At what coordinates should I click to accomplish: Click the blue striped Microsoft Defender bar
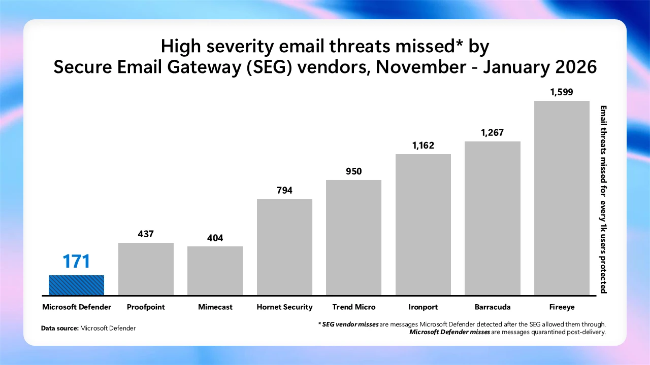tap(76, 285)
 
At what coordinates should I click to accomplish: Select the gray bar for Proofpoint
tap(146, 269)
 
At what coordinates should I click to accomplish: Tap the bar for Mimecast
tap(215, 271)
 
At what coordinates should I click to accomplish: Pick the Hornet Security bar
tap(284, 247)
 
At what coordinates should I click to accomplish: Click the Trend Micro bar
tap(353, 237)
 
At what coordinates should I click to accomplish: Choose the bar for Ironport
tap(423, 224)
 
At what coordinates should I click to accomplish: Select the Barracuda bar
tap(493, 218)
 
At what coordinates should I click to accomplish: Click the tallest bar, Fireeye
tap(562, 198)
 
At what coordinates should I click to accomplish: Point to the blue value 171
tap(76, 262)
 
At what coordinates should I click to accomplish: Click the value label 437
tap(146, 234)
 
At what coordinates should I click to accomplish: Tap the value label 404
tap(215, 238)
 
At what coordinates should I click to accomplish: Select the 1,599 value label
tap(562, 92)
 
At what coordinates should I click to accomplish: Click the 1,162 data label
tap(423, 145)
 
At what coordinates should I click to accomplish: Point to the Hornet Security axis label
tap(284, 307)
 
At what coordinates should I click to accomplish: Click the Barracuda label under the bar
tap(493, 307)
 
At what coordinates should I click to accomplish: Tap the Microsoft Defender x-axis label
tap(76, 307)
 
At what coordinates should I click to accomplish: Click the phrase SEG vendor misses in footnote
tap(350, 323)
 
